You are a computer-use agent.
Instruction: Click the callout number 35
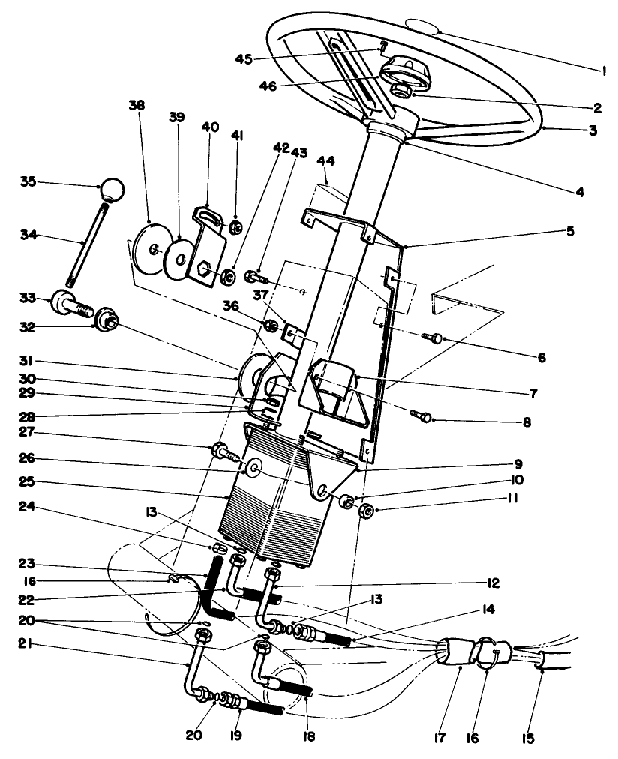27,182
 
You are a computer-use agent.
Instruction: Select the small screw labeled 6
435,338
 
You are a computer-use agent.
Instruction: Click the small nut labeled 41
235,226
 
